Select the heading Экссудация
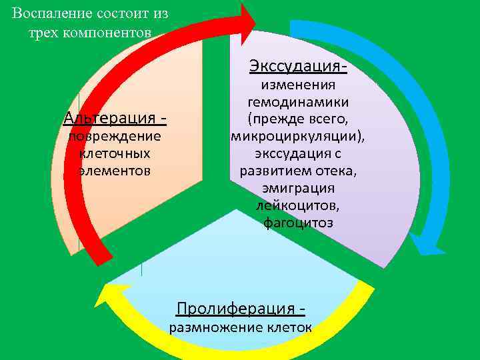coord(297,67)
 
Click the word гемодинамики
coord(298,103)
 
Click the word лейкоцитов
coord(298,205)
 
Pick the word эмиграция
coord(298,188)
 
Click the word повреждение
coord(115,137)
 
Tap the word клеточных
coord(115,153)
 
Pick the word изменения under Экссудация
coord(298,85)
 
